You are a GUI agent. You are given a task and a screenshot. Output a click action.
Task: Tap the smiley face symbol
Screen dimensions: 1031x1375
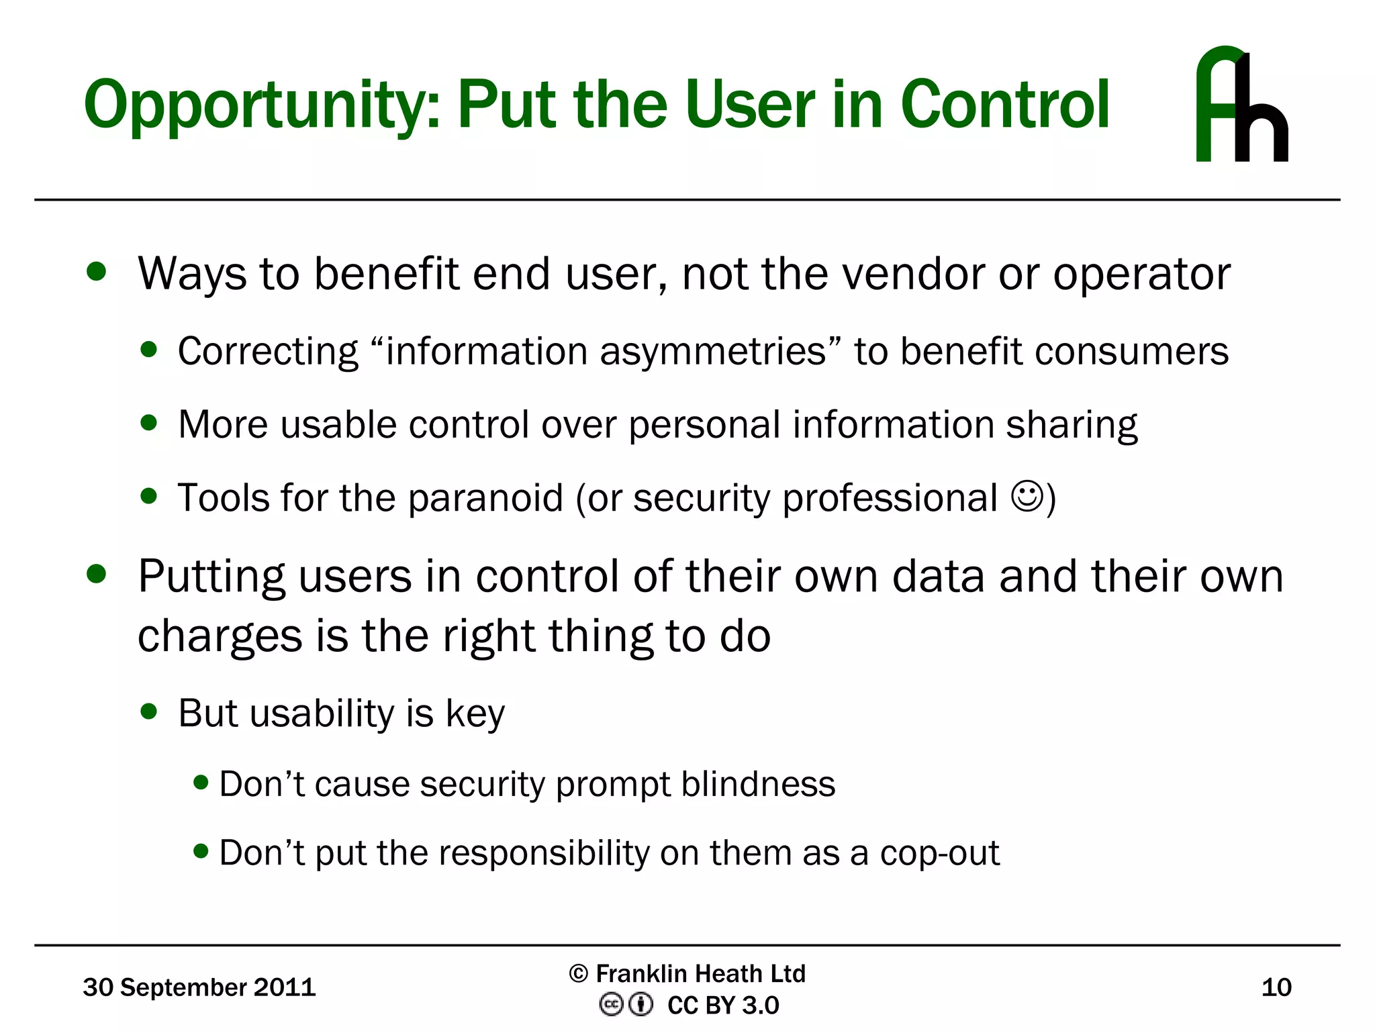pos(1027,497)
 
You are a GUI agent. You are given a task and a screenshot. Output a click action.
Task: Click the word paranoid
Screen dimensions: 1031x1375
pos(485,499)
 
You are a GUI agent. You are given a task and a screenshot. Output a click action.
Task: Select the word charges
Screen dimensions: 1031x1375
pos(220,637)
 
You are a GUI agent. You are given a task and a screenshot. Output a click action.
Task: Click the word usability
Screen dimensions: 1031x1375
pos(322,713)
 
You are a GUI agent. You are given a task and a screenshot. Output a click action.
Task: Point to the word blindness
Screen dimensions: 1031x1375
pos(758,784)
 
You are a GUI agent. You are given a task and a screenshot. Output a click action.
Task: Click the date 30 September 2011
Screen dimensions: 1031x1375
pos(199,987)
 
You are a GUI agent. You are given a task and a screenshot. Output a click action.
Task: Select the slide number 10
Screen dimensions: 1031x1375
pos(1276,987)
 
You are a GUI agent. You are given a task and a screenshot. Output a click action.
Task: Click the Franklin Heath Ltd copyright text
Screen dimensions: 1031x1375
pos(687,973)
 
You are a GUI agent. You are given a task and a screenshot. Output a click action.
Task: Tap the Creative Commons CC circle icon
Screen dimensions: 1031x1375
pos(611,1005)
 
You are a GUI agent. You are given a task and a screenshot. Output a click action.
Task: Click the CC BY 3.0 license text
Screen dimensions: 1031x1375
pos(723,1005)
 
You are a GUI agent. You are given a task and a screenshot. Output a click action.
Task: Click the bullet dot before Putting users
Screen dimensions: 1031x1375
pos(97,575)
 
